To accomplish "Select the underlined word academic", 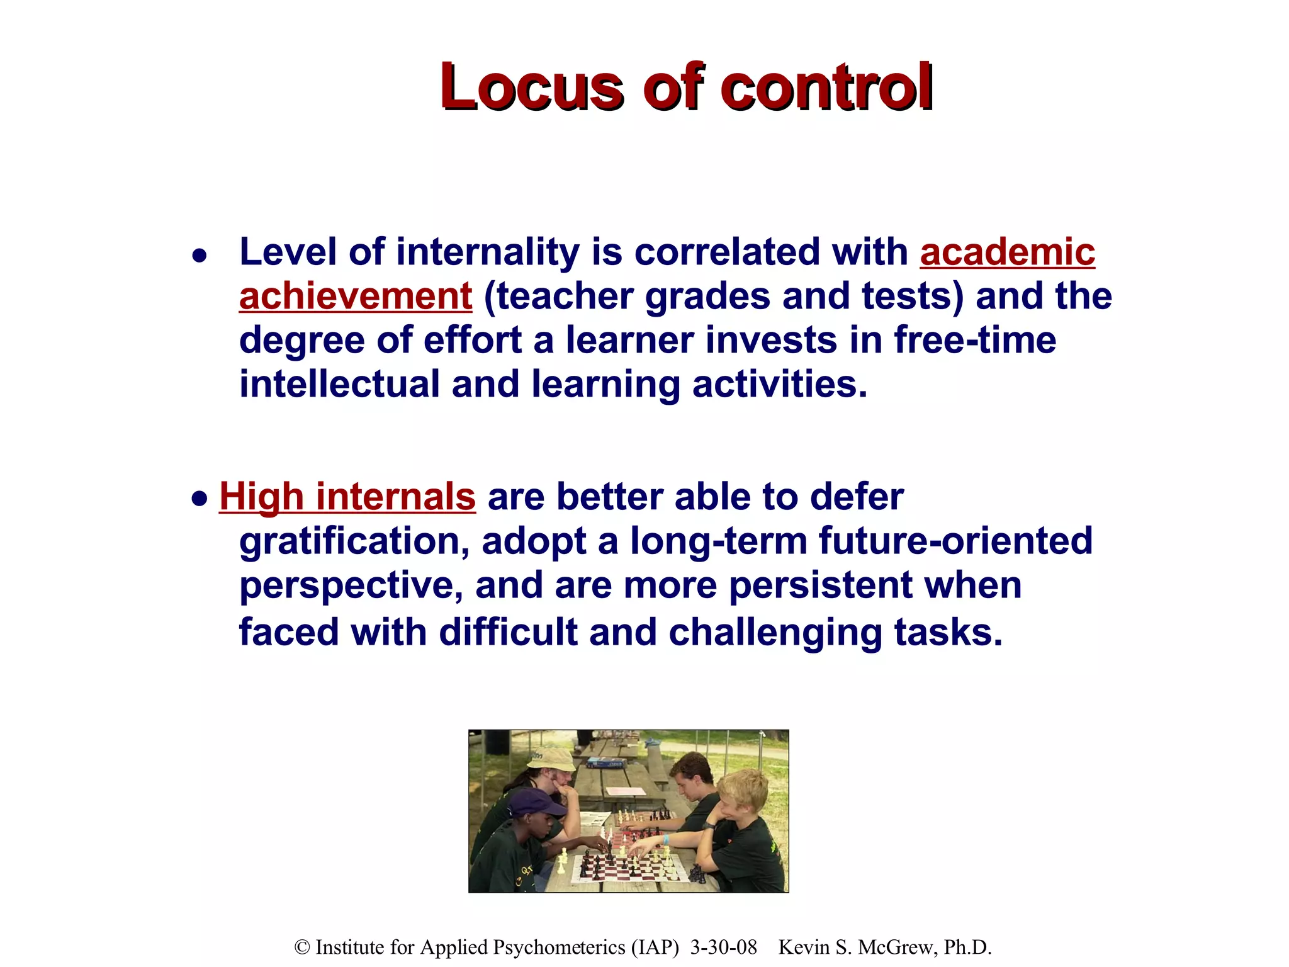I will point(1007,252).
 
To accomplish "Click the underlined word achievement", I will point(356,297).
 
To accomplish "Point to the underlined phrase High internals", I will point(347,497).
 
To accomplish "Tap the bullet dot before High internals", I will point(200,499).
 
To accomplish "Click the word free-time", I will point(975,341).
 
